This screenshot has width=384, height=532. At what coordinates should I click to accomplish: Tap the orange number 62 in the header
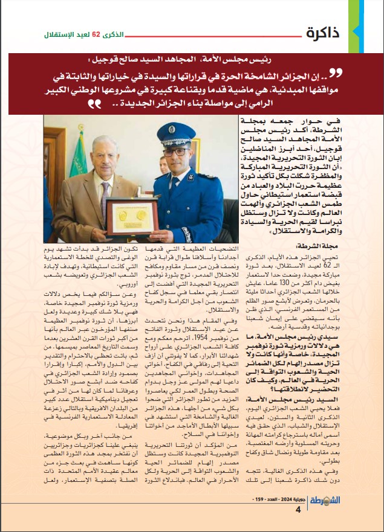click(x=95, y=34)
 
